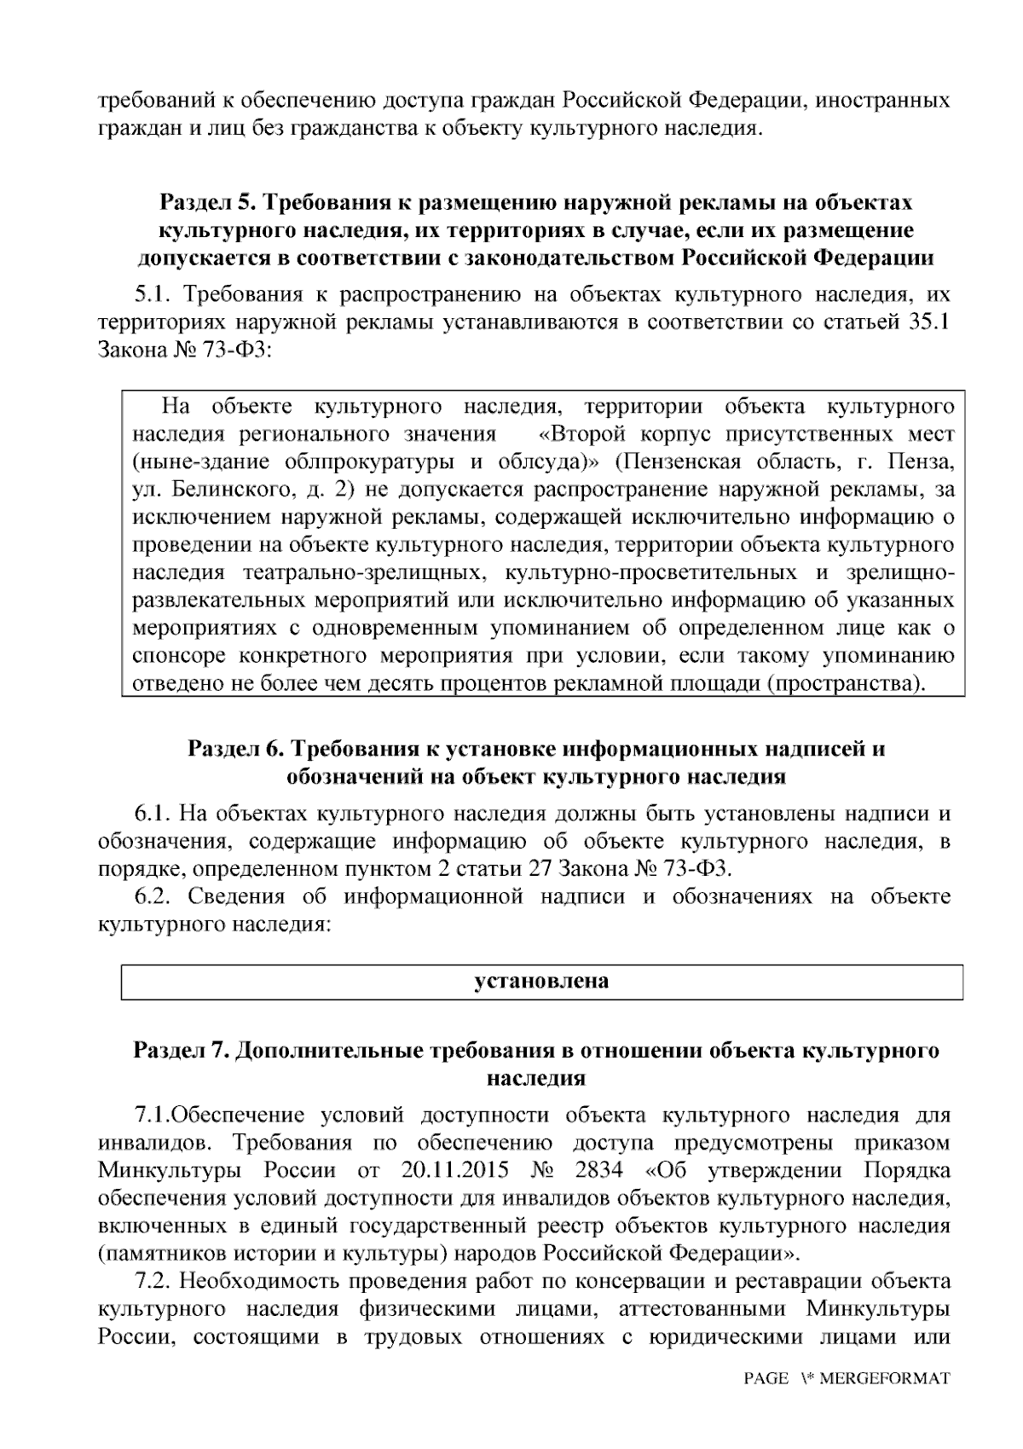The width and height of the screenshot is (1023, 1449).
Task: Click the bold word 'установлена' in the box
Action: [x=541, y=981]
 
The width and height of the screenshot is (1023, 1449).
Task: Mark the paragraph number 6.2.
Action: [x=154, y=896]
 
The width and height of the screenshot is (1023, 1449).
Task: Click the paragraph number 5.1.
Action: [x=153, y=295]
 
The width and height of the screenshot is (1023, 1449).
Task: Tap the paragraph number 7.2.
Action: [x=154, y=1281]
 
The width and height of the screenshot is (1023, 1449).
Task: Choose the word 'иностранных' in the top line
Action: [x=883, y=101]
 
